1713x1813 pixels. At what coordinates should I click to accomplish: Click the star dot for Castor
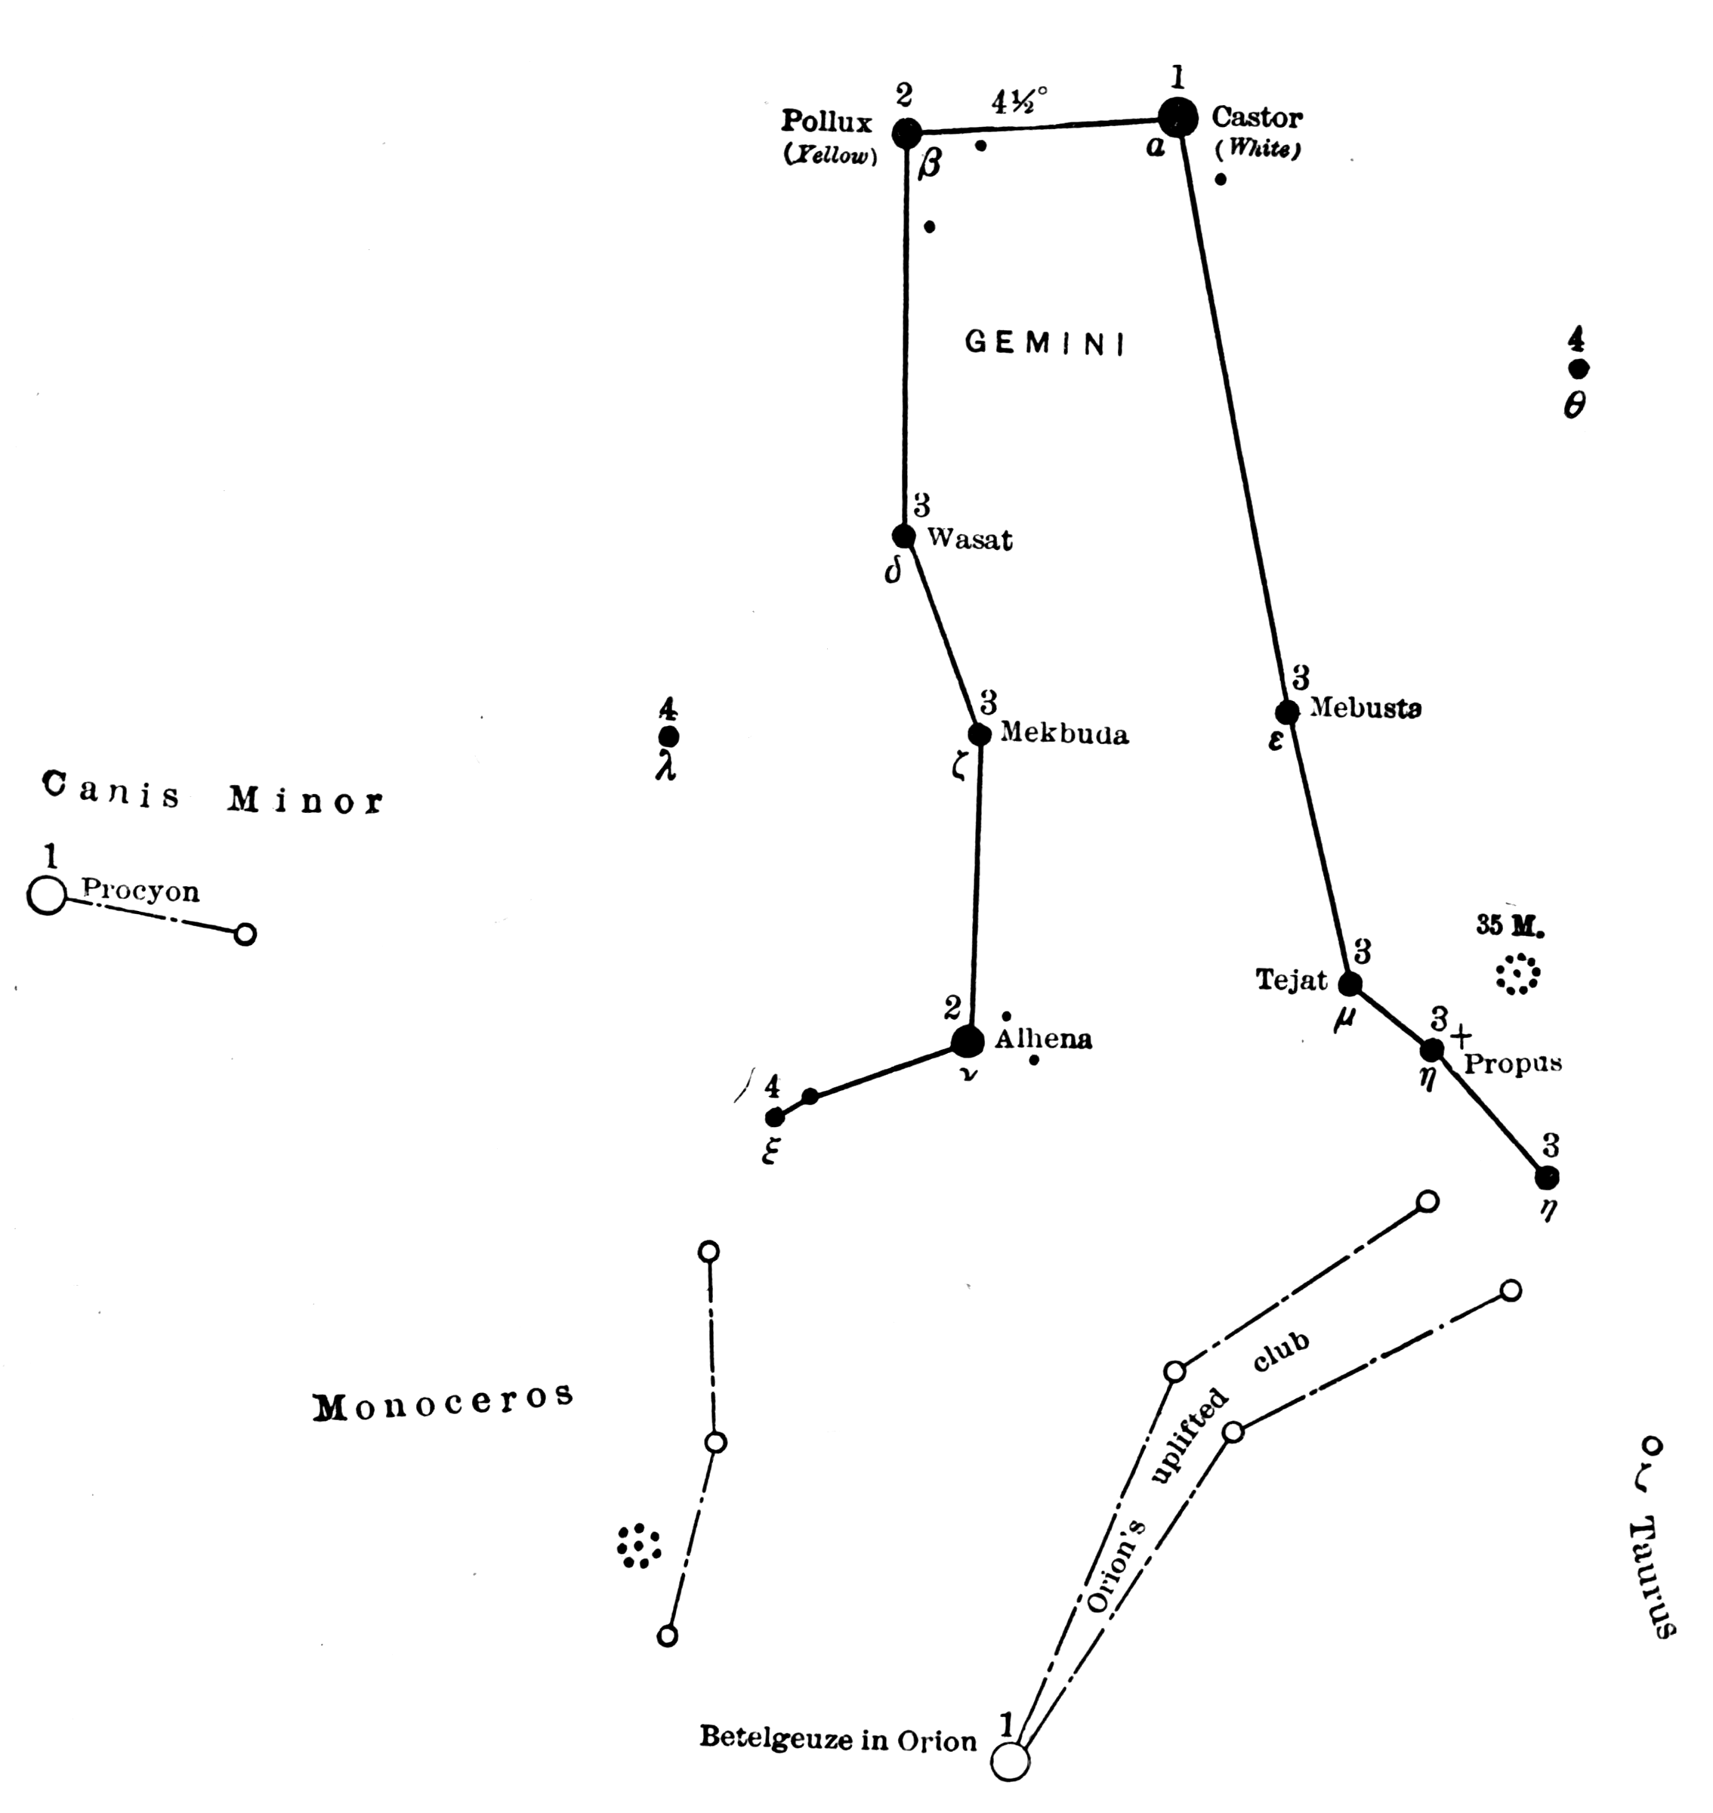[x=1178, y=118]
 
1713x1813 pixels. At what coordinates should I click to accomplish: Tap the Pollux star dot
[x=906, y=134]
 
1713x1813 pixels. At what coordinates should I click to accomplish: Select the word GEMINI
[x=1045, y=344]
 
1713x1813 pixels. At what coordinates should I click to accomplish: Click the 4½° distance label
[x=1020, y=100]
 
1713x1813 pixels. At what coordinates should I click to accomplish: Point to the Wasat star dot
[x=904, y=536]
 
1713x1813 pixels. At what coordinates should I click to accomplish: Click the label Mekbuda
[x=1065, y=734]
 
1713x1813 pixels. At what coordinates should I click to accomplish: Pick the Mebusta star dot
[x=1286, y=712]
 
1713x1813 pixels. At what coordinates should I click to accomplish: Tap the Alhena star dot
[x=968, y=1040]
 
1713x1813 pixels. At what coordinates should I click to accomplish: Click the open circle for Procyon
[x=48, y=895]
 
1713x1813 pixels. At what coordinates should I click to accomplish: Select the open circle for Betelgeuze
[x=1011, y=1762]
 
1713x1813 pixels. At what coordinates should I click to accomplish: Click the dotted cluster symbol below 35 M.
[x=1517, y=974]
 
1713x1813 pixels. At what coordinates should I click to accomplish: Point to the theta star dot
[x=1578, y=369]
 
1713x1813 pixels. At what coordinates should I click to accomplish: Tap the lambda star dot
[x=668, y=737]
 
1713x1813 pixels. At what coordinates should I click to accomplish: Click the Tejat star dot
[x=1350, y=984]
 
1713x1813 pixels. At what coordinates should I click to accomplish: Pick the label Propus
[x=1513, y=1064]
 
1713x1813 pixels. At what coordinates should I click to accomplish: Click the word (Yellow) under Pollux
[x=831, y=156]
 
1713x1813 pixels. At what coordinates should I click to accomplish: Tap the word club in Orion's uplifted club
[x=1281, y=1353]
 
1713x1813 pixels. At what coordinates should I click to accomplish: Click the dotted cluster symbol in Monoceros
[x=639, y=1546]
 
